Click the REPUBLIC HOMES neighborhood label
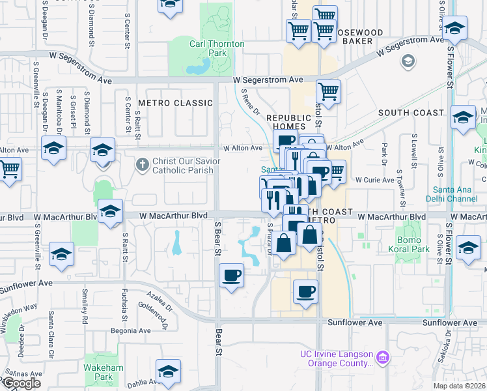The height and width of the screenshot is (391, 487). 291,121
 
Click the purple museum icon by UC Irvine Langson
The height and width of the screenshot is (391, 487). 383,358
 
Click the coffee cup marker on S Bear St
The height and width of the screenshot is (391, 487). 231,276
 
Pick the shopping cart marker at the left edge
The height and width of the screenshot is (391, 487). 9,169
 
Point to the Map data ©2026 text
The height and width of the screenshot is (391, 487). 460,386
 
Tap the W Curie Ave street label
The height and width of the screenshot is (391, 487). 374,180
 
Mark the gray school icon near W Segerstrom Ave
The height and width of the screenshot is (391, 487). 408,61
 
